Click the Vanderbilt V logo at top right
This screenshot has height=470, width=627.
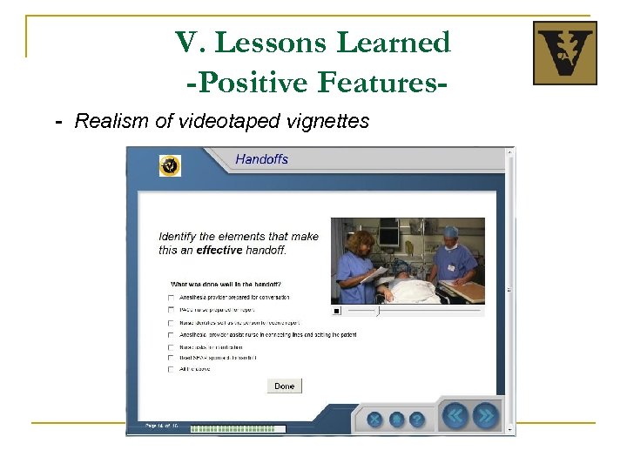click(564, 53)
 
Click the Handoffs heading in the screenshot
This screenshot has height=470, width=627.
click(261, 159)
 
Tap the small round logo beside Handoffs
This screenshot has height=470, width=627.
click(170, 165)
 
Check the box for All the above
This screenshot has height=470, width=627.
click(171, 370)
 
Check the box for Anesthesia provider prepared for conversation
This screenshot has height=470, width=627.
click(171, 298)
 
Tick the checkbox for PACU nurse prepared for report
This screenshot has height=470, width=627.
click(171, 310)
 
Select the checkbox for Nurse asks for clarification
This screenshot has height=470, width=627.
click(171, 346)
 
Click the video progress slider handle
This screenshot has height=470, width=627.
click(377, 310)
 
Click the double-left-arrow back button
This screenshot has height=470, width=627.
click(455, 415)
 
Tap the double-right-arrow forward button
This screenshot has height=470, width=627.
click(486, 415)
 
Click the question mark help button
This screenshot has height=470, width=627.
click(417, 419)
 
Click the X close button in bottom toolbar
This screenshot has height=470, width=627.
click(375, 419)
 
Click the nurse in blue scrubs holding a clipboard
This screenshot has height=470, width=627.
click(360, 260)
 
